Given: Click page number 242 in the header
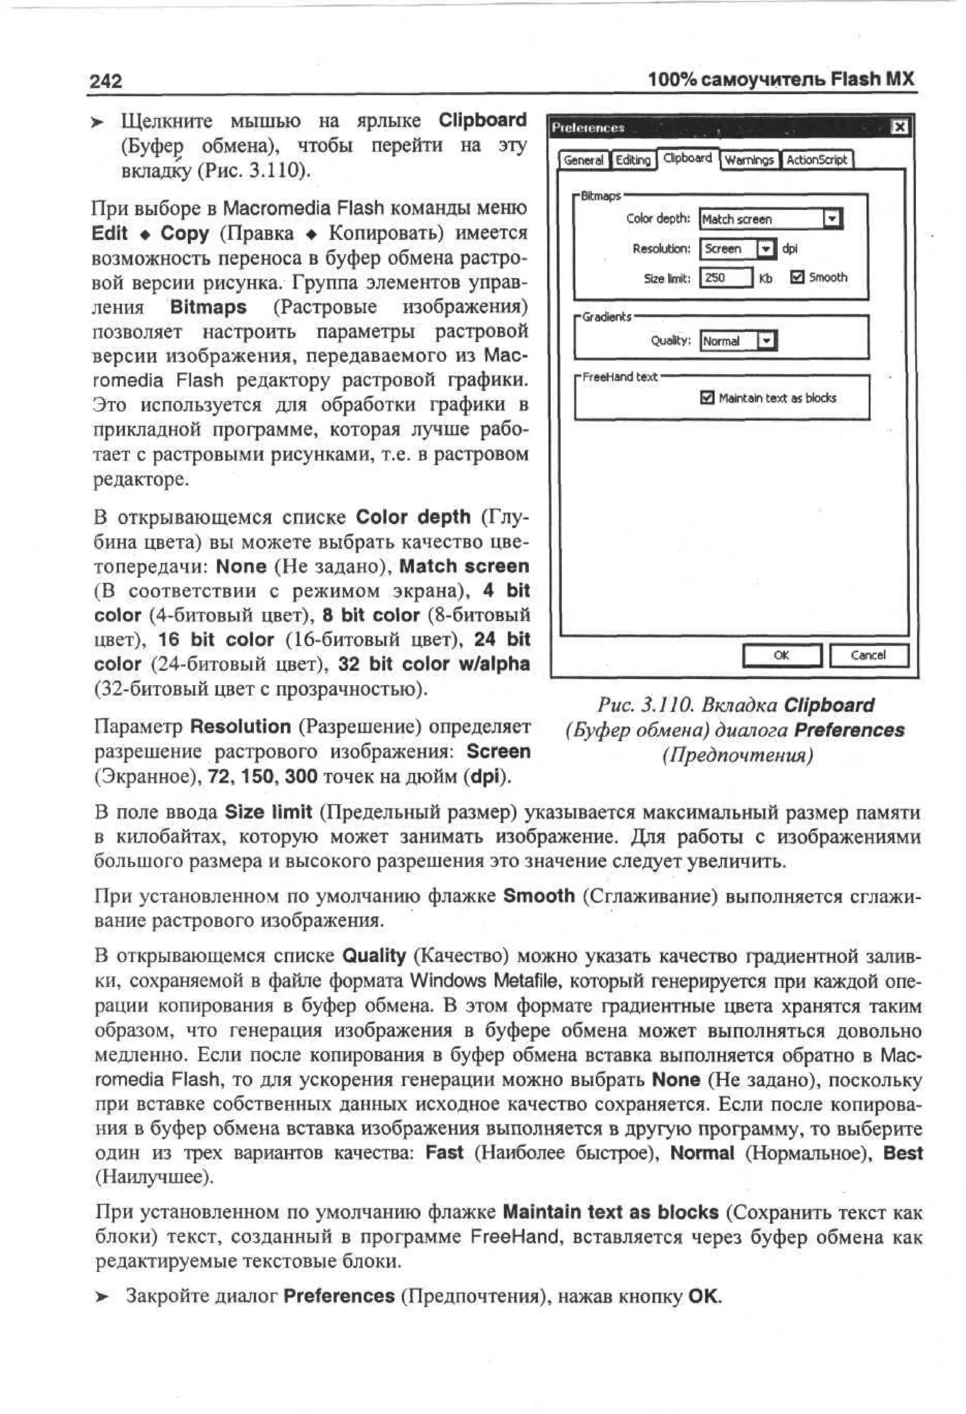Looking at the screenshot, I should pyautogui.click(x=105, y=82).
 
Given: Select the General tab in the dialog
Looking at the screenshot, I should pyautogui.click(x=583, y=160).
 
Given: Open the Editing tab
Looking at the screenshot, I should pyautogui.click(x=633, y=160).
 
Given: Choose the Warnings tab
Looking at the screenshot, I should pyautogui.click(x=749, y=160).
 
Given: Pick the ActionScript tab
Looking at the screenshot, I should pyautogui.click(x=816, y=160).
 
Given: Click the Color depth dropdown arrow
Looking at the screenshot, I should pyautogui.click(x=832, y=218).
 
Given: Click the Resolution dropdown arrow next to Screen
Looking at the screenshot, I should pyautogui.click(x=766, y=248).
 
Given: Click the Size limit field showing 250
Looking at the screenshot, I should pyautogui.click(x=725, y=278).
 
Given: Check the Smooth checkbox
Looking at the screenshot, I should pyautogui.click(x=797, y=277).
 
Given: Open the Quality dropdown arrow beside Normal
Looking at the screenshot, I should pyautogui.click(x=767, y=341).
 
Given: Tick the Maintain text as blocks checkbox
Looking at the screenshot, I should pyautogui.click(x=707, y=398).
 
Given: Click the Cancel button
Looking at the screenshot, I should pyautogui.click(x=868, y=655).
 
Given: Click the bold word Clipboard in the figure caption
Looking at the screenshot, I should pyautogui.click(x=829, y=706).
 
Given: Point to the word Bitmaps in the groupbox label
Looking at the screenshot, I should pyautogui.click(x=600, y=196).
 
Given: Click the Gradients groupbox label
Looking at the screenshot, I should pyautogui.click(x=607, y=317).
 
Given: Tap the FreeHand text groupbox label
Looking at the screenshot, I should pyautogui.click(x=619, y=377).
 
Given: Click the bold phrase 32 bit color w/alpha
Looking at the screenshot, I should pyautogui.click(x=434, y=664).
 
